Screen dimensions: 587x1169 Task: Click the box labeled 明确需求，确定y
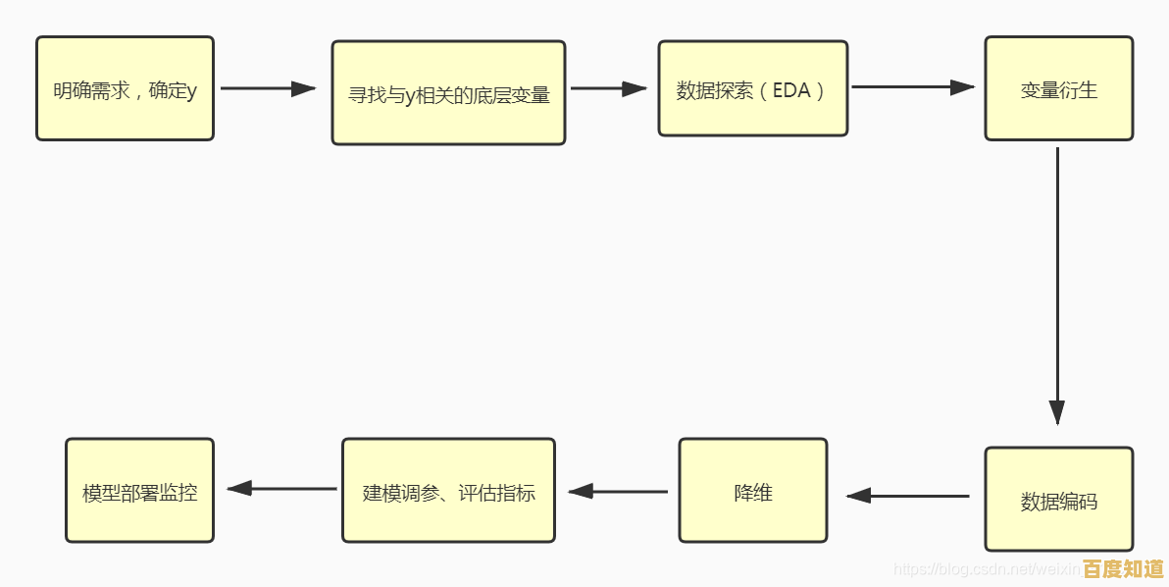click(125, 88)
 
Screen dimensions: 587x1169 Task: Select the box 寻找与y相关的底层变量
click(448, 93)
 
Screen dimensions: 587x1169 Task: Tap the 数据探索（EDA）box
click(752, 88)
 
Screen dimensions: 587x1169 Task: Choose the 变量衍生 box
click(1058, 88)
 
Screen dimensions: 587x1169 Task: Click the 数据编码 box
click(1058, 499)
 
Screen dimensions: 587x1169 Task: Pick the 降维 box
click(752, 490)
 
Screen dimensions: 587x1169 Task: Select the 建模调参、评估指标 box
click(448, 490)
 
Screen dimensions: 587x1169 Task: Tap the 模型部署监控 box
click(139, 490)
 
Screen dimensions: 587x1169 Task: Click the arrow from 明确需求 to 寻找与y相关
click(268, 88)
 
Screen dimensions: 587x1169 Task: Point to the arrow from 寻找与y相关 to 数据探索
click(608, 88)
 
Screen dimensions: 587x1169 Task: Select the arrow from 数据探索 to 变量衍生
click(912, 87)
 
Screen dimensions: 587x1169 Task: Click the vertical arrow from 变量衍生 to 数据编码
click(1056, 285)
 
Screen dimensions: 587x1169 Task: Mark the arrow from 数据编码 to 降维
click(907, 496)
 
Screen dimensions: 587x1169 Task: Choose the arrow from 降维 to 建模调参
click(618, 491)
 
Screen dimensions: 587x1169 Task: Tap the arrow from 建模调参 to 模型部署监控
click(282, 488)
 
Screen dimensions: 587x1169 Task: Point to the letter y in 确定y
click(191, 91)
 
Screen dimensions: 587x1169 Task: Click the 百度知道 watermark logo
click(1123, 569)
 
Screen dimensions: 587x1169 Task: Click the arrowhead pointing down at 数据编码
click(1056, 412)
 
